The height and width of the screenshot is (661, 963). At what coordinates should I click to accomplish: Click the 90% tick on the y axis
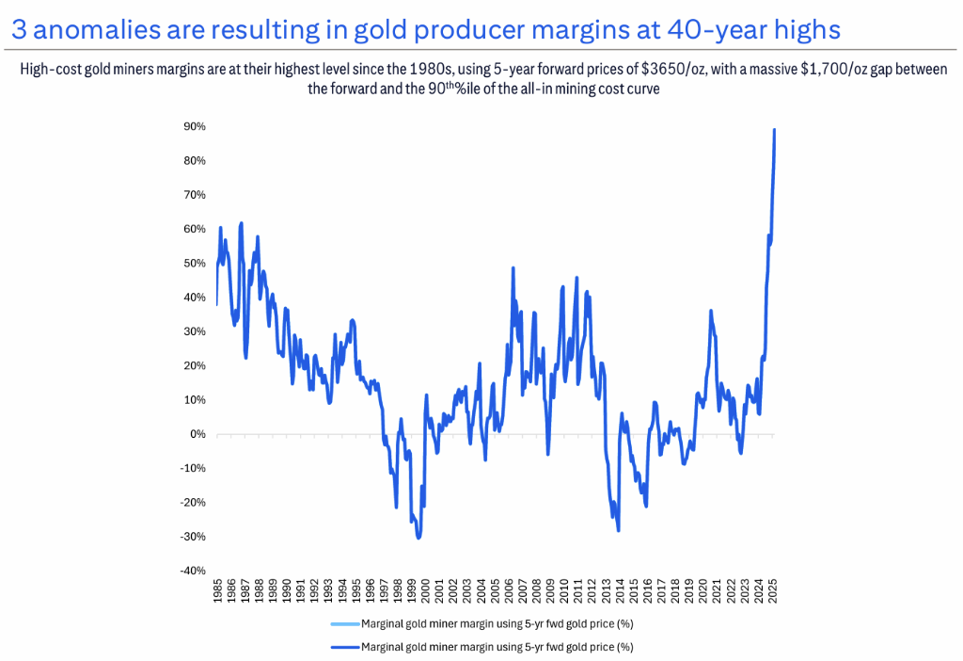coord(195,126)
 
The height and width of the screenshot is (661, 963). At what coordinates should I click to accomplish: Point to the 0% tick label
coord(197,434)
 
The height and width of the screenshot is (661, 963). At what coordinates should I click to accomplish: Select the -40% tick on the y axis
coord(193,571)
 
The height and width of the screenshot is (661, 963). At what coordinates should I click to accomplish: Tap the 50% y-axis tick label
coord(195,263)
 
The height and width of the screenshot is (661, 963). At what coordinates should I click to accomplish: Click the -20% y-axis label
coord(193,502)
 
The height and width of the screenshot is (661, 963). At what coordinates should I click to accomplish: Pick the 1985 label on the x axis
coord(218,591)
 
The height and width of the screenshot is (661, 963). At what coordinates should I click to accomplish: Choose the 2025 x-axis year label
coord(772,591)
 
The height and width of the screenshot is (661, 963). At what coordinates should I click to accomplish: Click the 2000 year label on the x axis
coord(426,591)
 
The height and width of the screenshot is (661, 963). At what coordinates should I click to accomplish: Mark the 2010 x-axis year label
coord(564,591)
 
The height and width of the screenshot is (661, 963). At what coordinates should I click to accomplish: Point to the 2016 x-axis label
coord(648,591)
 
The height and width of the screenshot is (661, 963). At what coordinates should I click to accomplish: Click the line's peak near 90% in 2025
coord(774,130)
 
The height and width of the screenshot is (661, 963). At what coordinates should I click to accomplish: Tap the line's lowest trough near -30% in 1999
coord(418,538)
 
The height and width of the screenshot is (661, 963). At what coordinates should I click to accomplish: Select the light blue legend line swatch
coord(344,624)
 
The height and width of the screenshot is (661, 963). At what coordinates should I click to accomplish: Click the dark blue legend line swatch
coord(344,647)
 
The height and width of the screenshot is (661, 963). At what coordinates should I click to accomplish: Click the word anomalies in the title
coord(91,30)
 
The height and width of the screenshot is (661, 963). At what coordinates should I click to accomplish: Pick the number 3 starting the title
coord(19,30)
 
